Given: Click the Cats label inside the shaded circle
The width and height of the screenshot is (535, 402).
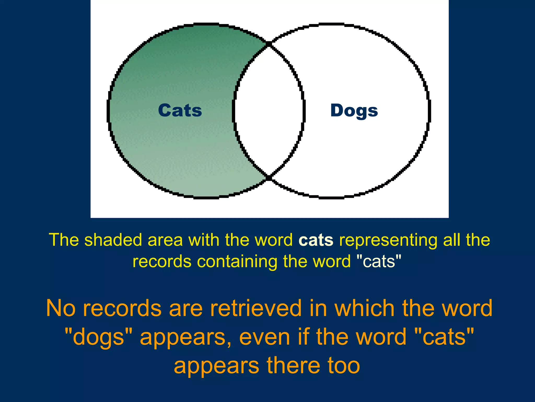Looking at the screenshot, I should tap(180, 110).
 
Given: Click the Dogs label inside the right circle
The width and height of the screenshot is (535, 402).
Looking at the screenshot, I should tap(354, 111).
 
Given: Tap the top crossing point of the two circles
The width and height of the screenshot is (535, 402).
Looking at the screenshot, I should tap(269, 44).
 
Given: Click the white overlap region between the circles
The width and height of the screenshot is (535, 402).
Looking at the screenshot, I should tap(269, 110).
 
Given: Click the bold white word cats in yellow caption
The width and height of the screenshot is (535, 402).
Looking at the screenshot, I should tap(316, 240).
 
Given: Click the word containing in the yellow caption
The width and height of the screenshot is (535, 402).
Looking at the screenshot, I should tap(237, 261).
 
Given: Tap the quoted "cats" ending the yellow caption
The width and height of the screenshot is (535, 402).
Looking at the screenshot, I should tap(379, 261).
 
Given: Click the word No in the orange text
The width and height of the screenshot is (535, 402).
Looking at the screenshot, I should tap(61, 308).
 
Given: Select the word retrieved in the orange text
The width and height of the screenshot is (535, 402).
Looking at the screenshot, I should tap(256, 308).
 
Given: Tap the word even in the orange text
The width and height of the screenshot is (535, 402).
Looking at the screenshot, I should tap(264, 337).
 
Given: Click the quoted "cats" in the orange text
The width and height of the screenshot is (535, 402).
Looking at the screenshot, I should tap(444, 337).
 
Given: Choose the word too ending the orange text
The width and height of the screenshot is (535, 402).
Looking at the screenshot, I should tap(344, 366).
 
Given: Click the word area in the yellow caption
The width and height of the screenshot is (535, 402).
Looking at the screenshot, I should tap(165, 240).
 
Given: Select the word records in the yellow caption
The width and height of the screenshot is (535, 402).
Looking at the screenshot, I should tap(162, 261).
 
